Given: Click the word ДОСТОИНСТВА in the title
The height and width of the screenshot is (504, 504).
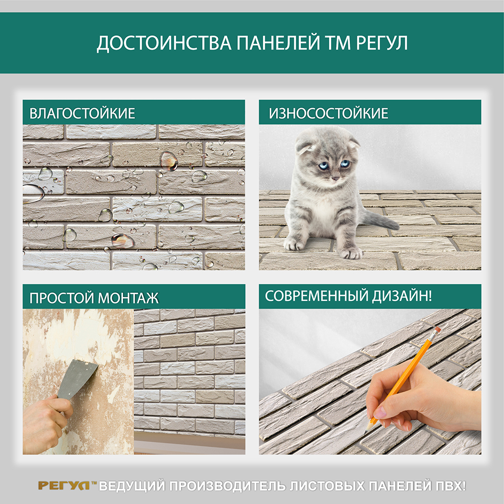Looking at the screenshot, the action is click(164, 43).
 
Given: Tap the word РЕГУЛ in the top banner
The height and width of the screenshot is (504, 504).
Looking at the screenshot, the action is click(382, 43).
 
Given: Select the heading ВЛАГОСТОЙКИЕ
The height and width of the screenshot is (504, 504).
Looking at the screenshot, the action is click(82, 113).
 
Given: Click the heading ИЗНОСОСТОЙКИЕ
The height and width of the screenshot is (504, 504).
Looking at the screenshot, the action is click(329, 113).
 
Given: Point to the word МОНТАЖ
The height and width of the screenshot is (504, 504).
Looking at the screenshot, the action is click(128, 298).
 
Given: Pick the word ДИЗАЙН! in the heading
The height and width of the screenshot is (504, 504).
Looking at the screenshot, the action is click(402, 296).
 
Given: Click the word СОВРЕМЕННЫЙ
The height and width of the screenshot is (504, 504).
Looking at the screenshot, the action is click(317, 296).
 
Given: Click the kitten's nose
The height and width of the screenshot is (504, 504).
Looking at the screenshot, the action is click(334, 178).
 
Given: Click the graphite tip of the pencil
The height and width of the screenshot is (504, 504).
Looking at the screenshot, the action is click(367, 429).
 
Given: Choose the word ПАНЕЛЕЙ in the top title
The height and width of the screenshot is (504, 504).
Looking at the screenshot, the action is click(278, 43).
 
